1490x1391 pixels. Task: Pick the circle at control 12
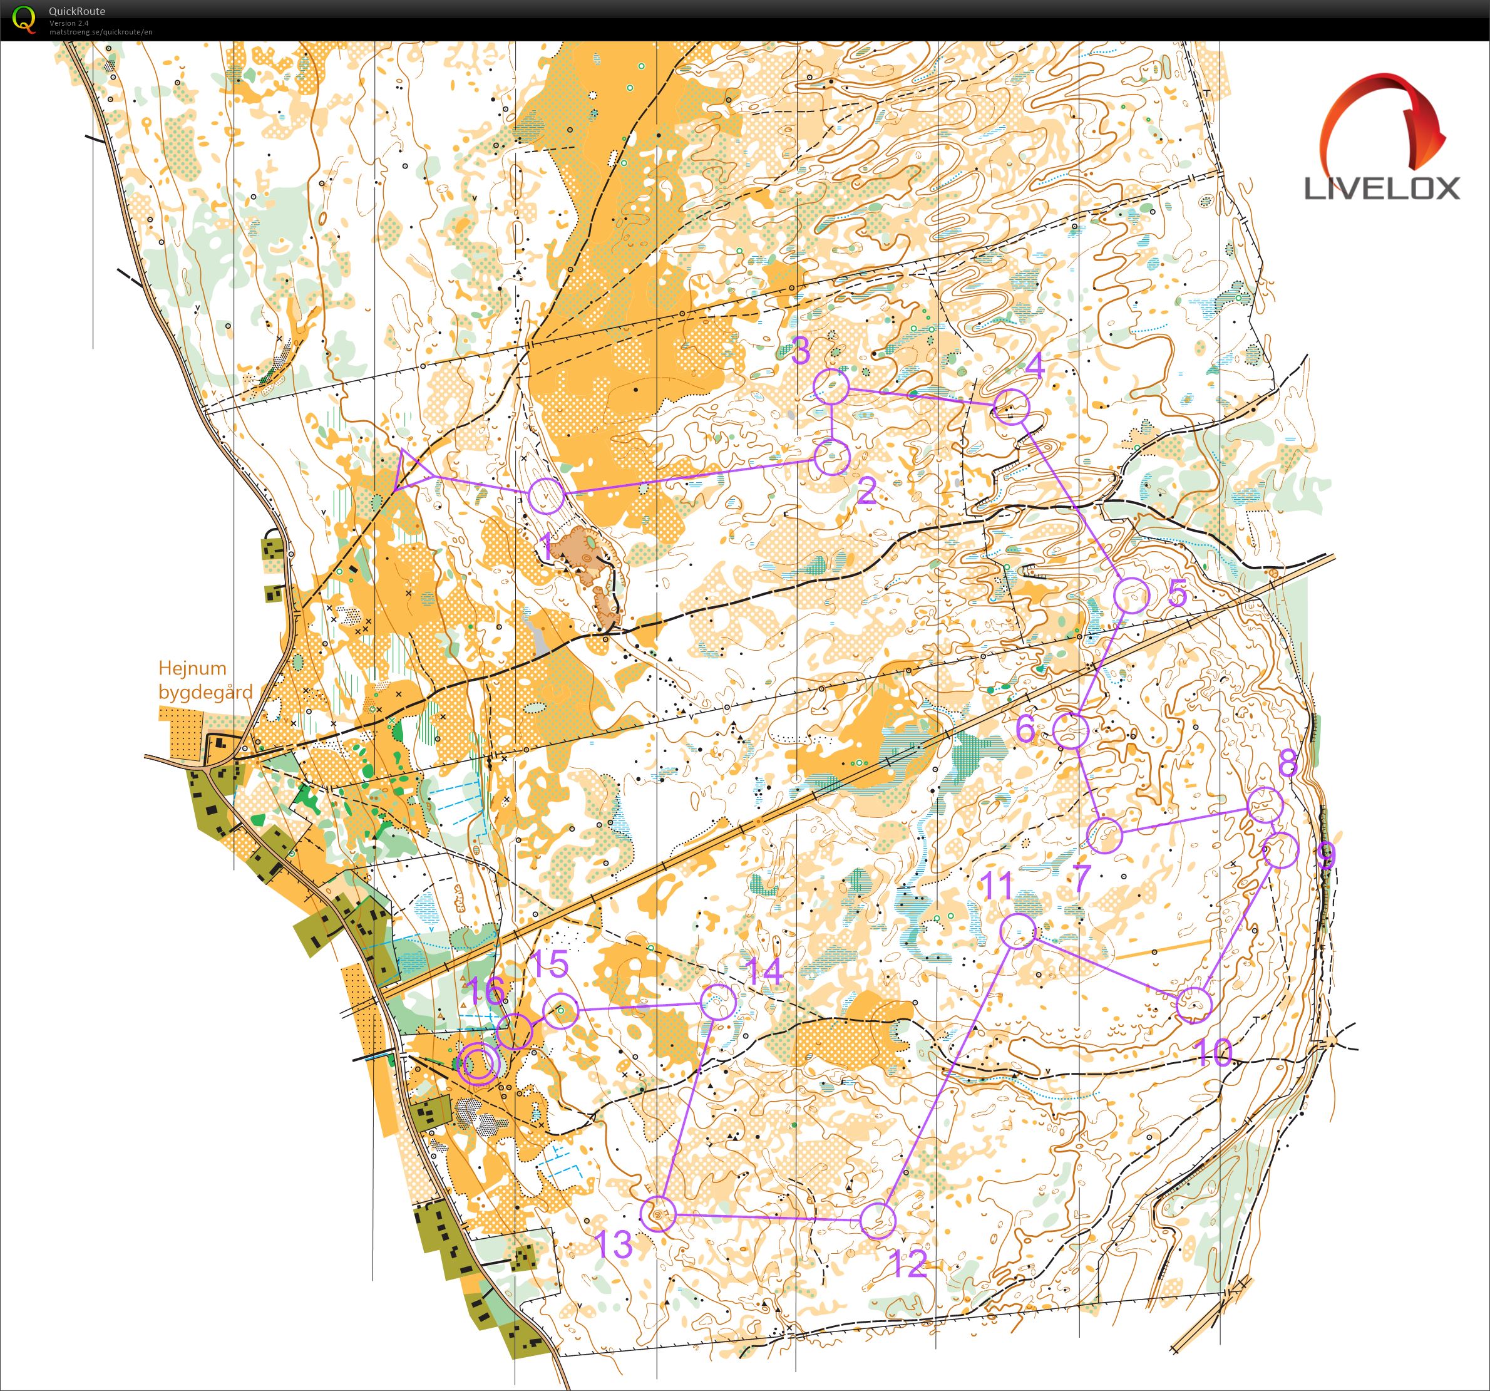(878, 1220)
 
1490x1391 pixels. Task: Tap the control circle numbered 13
(659, 1214)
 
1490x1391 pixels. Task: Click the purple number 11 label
(997, 886)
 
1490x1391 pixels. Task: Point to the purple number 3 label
(801, 350)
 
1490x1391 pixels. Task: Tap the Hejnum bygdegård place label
(205, 680)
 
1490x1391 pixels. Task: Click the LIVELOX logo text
(1382, 187)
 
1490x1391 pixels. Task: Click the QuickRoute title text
(77, 11)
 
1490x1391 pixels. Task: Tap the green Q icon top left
(24, 19)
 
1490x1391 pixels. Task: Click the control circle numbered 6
(1071, 731)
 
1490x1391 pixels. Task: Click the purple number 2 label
(866, 492)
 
